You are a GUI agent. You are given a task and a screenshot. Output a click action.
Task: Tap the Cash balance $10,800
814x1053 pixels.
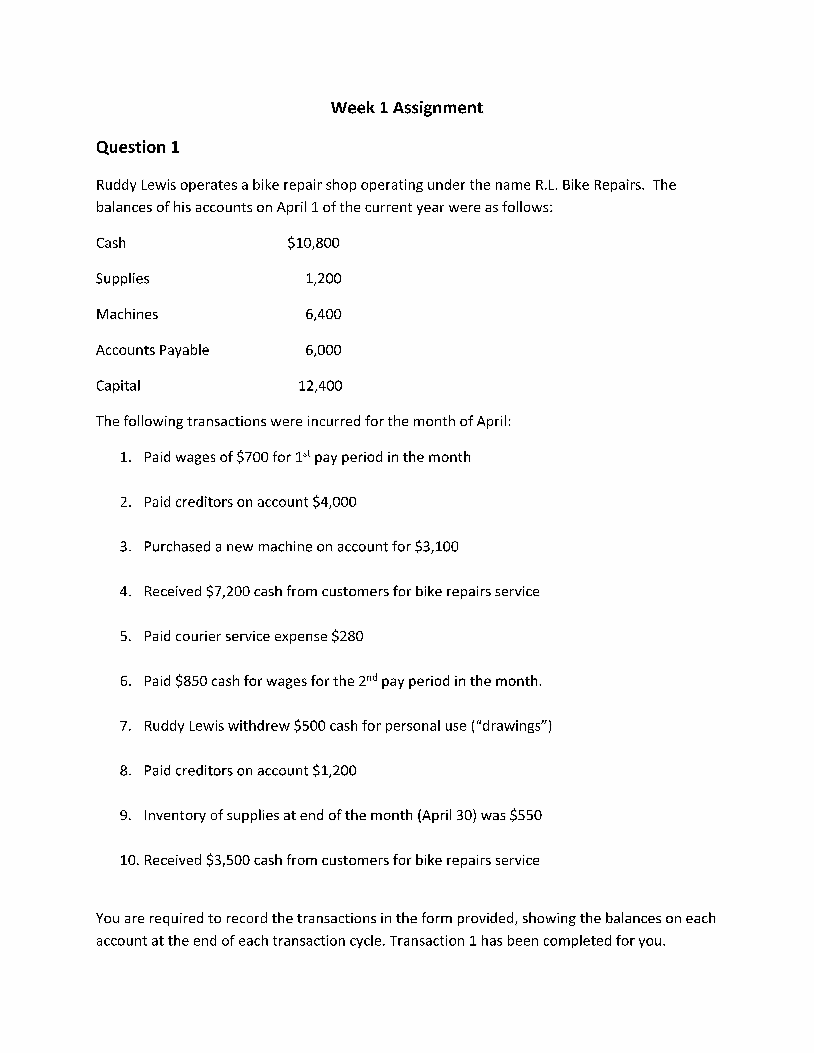tap(313, 243)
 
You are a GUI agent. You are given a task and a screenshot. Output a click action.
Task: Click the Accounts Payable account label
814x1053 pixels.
tap(152, 350)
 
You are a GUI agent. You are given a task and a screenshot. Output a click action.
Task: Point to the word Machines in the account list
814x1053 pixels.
tap(127, 314)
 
